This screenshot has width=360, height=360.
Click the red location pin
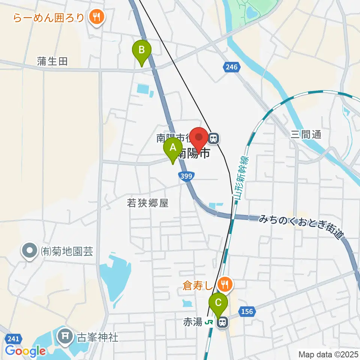point(199,139)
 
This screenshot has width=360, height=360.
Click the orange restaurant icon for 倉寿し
point(225,284)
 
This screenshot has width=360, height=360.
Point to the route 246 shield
point(232,67)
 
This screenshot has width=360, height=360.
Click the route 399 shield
point(187,176)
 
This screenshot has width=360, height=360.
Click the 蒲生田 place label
point(52,61)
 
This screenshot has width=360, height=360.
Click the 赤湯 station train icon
point(223,322)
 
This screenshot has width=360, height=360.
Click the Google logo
point(25,351)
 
